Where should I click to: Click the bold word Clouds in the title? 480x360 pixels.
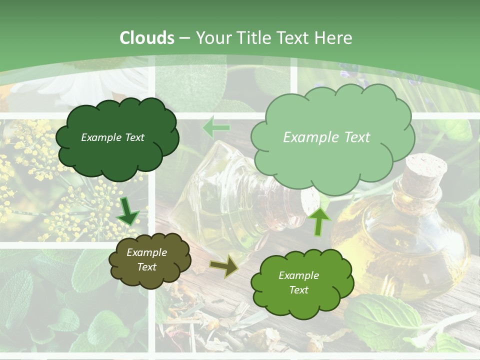tap(147, 38)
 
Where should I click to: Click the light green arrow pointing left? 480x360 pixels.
tap(216, 127)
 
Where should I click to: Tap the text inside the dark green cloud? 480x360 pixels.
tap(112, 137)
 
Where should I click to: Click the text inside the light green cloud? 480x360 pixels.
tap(326, 137)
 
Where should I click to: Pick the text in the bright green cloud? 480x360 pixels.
tap(298, 282)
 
